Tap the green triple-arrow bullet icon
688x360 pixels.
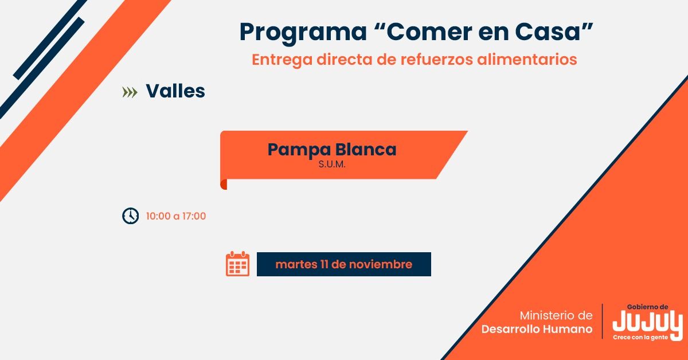130,92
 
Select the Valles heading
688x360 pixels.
175,91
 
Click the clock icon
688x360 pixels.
131,216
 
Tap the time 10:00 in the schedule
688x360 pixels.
158,216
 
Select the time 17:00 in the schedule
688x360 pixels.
194,216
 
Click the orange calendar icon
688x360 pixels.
237,264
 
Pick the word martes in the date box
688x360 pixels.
293,264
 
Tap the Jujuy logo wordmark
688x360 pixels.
647,322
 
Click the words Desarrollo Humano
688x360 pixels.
537,330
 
